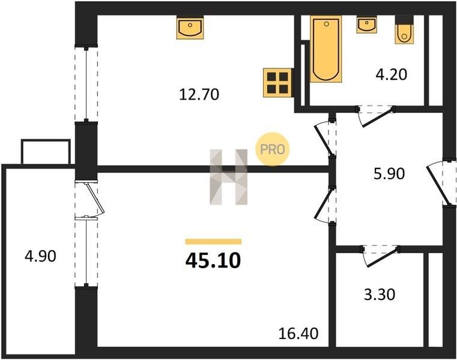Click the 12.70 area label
(x=199, y=95)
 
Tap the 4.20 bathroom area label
(x=391, y=74)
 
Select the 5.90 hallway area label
(x=389, y=174)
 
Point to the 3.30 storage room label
(x=380, y=295)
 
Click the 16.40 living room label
(x=298, y=334)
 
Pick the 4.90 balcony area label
(x=40, y=256)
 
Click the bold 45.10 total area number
(x=213, y=260)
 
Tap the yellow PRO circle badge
(x=273, y=149)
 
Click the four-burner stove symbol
(x=278, y=82)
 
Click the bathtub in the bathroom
(x=326, y=49)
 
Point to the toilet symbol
(x=404, y=29)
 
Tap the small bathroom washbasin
(x=366, y=25)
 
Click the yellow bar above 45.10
(x=213, y=241)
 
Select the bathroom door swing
(x=376, y=116)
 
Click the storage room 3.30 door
(x=380, y=256)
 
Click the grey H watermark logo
(x=228, y=177)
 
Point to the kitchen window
(x=86, y=83)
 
